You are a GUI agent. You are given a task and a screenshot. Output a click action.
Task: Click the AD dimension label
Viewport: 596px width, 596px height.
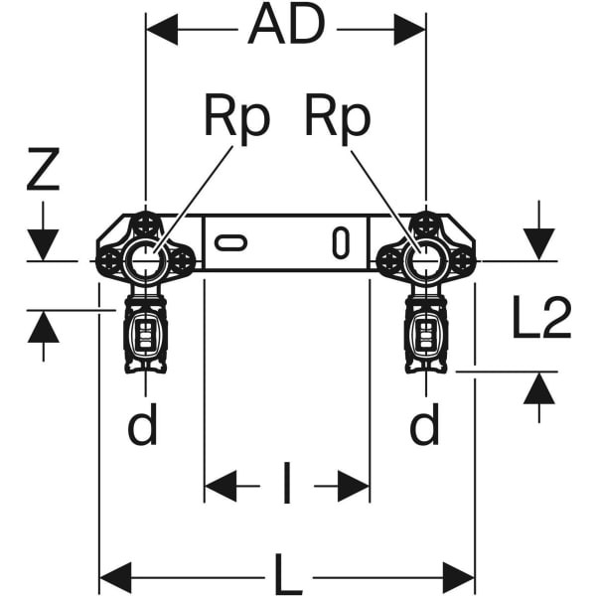click(286, 27)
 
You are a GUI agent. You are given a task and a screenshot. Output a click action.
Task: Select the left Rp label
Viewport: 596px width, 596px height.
click(235, 118)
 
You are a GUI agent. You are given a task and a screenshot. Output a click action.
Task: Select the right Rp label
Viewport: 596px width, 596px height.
click(337, 118)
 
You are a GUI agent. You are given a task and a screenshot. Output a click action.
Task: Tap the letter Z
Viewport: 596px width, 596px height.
click(43, 171)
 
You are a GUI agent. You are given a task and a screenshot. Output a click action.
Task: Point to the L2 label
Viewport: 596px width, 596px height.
click(542, 319)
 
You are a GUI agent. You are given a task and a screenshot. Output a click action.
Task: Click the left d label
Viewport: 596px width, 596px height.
click(143, 427)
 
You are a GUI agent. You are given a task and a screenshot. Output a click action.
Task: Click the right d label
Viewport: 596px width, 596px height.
click(424, 427)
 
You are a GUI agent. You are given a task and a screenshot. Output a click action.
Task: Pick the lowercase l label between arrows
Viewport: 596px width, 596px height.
click(287, 487)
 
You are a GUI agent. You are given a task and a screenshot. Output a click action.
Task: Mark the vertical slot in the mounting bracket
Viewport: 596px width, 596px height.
click(341, 242)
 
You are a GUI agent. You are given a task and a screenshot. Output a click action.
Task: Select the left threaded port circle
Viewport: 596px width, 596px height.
click(145, 261)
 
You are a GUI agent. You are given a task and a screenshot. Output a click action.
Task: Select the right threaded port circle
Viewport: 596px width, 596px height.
click(425, 261)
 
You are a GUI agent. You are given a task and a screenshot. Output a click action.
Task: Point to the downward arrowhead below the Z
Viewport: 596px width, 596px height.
click(43, 244)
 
